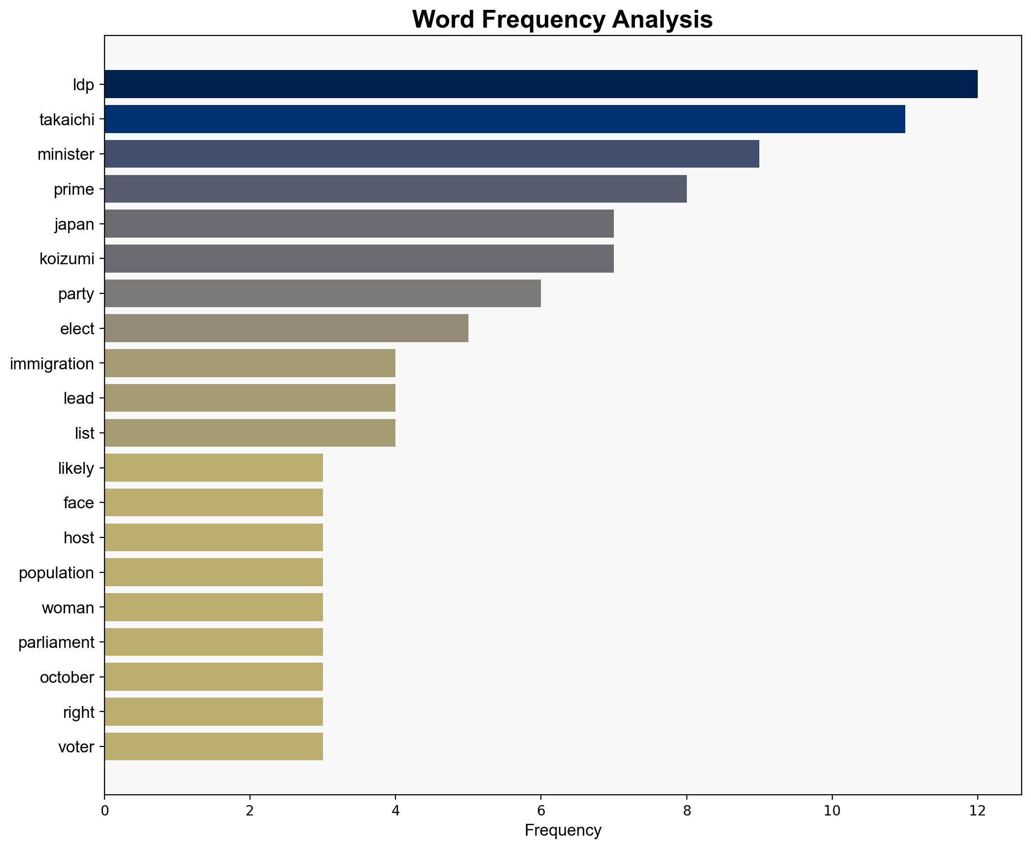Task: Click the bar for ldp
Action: [540, 84]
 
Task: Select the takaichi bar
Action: [504, 119]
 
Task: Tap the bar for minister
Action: [431, 154]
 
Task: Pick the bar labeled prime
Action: [395, 189]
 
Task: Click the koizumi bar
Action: [359, 258]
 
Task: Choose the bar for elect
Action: [286, 328]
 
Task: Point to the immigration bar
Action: [249, 363]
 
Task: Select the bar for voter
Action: [213, 746]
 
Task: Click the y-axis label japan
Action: [74, 224]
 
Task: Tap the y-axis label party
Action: [76, 294]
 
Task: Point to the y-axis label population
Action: [56, 573]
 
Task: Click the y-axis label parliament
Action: [56, 642]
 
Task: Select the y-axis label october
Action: [67, 677]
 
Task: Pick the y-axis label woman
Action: [68, 608]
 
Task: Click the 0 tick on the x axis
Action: [105, 811]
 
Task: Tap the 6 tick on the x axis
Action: [541, 811]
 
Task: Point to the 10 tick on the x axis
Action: [832, 811]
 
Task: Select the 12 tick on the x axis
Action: [977, 811]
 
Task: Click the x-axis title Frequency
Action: [563, 831]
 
